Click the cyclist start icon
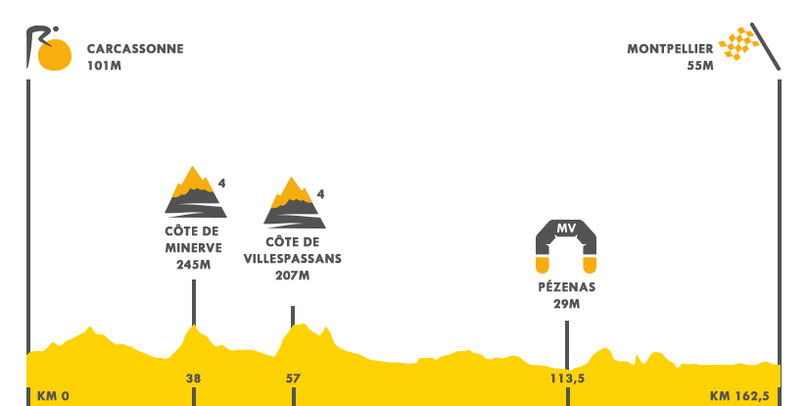tap(49, 47)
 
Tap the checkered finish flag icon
tap(749, 46)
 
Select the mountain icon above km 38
tap(195, 191)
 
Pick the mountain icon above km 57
tap(294, 202)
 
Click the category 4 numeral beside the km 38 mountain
tap(222, 183)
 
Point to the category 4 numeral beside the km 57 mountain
tap(320, 194)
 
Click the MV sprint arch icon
tap(566, 246)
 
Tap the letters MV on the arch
tap(566, 228)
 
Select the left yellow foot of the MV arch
tap(542, 265)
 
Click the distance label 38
tap(193, 379)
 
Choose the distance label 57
tap(293, 379)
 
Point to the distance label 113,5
tap(567, 379)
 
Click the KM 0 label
tap(53, 396)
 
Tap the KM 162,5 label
tap(739, 396)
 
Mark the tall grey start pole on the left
tap(28, 196)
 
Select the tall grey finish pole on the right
tap(779, 196)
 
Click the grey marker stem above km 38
tap(193, 299)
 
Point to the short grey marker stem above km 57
tap(292, 312)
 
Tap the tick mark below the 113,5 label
tap(567, 396)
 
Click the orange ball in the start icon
tap(55, 54)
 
